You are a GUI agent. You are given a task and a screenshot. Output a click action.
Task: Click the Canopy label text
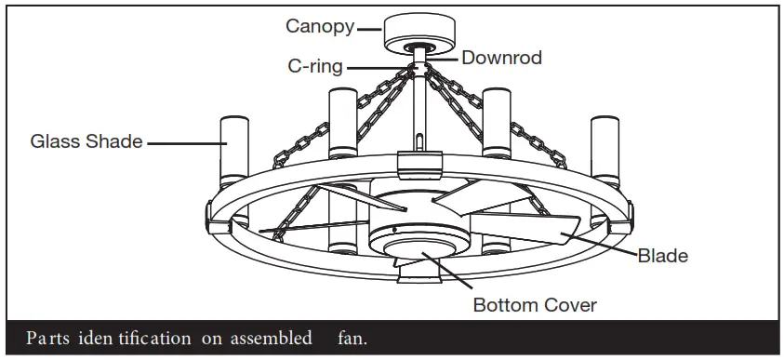click(319, 26)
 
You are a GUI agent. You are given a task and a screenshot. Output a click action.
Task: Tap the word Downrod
click(502, 58)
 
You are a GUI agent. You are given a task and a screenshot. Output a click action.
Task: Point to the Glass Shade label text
click(86, 142)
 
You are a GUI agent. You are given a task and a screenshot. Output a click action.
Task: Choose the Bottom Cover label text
click(535, 304)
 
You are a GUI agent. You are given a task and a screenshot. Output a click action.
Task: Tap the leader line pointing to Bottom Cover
click(456, 274)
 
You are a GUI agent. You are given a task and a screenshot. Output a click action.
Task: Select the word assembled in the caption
click(274, 338)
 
